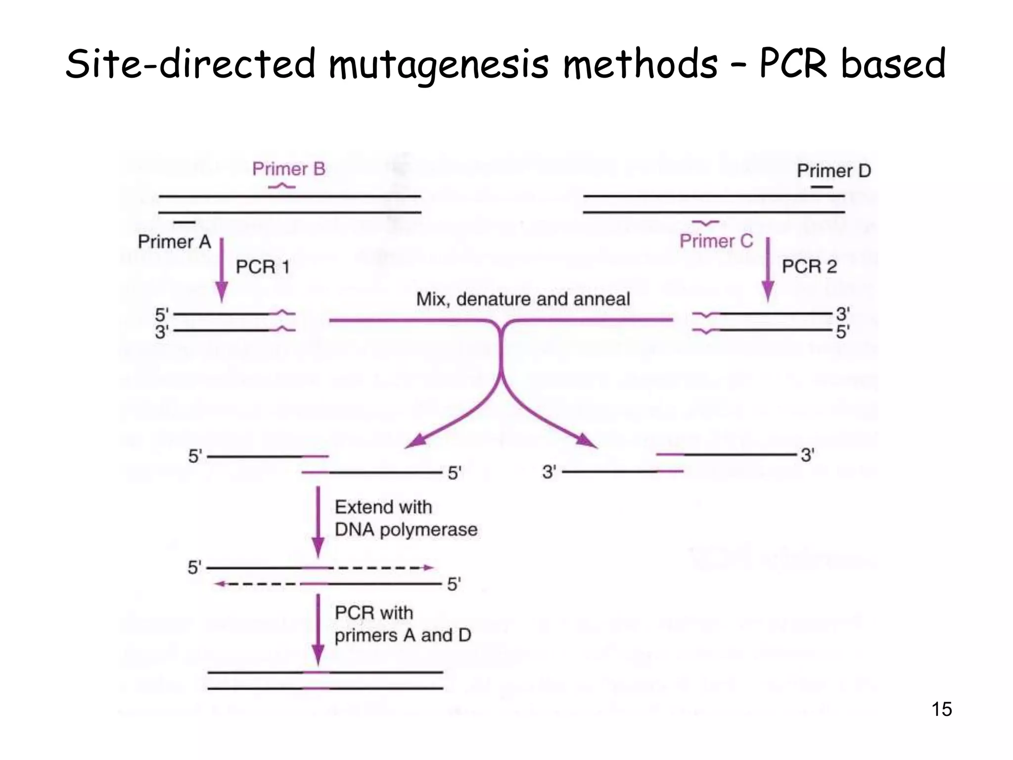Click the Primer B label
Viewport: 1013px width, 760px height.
(289, 169)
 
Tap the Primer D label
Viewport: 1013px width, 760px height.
(833, 171)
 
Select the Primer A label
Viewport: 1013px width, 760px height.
(174, 242)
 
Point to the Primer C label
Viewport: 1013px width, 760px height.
(716, 241)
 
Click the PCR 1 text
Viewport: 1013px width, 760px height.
(262, 267)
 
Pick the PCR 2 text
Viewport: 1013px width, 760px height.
(809, 267)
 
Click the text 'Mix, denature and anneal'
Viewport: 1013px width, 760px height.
(523, 299)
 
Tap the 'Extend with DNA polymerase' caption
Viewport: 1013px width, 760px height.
(406, 518)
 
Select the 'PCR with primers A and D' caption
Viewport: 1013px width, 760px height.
(403, 624)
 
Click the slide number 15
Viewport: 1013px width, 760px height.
(941, 709)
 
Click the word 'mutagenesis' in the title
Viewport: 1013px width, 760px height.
(438, 64)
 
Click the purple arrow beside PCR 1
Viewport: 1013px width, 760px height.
(222, 270)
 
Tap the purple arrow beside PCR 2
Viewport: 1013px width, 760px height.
(768, 269)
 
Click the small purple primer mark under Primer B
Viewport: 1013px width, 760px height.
(281, 186)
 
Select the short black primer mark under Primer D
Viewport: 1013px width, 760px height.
(822, 187)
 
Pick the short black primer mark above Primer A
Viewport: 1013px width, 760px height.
(184, 223)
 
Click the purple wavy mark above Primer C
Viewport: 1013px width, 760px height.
(706, 223)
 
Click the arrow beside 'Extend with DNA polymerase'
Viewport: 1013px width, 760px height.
(318, 522)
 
